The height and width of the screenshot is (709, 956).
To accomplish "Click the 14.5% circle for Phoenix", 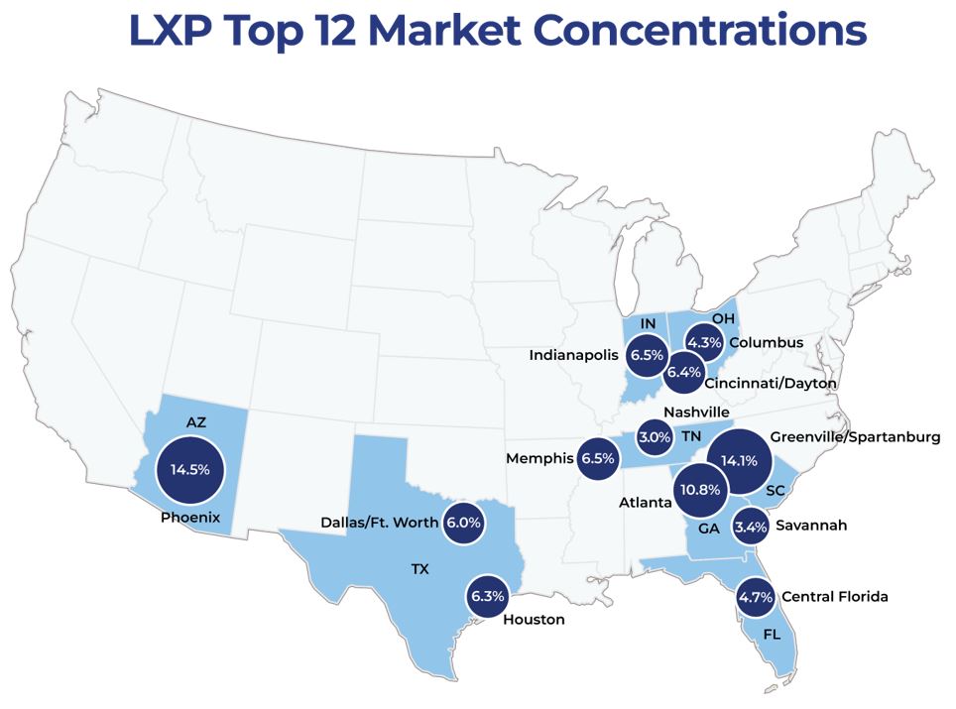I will coord(189,470).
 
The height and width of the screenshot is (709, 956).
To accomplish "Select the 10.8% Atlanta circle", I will coord(702,490).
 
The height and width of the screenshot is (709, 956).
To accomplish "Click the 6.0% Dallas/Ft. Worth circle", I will coord(463,523).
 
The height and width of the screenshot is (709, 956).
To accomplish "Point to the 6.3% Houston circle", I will coord(488,597).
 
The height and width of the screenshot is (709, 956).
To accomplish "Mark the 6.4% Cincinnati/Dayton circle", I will coord(684,373).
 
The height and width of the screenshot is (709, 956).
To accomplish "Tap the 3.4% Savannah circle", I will coord(751,527).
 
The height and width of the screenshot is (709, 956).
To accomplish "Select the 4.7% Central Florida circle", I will coord(755,597).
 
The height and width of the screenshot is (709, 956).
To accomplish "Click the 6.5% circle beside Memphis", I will coord(598,459).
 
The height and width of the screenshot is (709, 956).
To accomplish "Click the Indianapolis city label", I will coord(574,354).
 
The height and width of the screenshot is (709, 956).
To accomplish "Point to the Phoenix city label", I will coord(189,518).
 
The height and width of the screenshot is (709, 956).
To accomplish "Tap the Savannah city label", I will coord(811,526).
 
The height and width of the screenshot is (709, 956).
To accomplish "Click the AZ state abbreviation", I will coord(195,423).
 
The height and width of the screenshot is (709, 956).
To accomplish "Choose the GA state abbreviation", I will coord(708,530).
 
